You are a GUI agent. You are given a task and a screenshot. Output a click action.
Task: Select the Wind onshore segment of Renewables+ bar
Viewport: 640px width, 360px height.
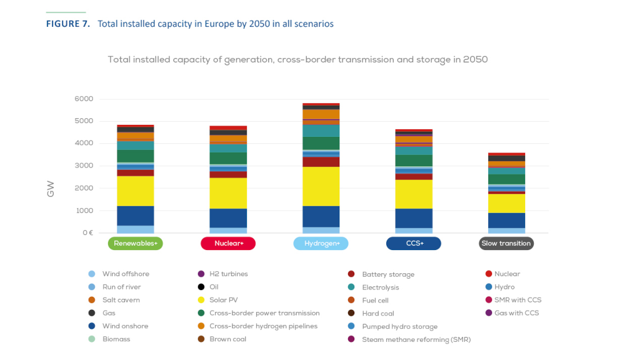[x=135, y=216]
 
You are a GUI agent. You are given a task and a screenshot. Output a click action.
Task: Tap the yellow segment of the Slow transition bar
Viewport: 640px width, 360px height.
[x=506, y=203]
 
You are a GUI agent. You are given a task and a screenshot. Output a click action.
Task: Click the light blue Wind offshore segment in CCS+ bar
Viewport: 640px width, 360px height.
[x=413, y=230]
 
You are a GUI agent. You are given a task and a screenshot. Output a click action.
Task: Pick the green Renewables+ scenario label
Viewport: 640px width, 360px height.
[x=135, y=243]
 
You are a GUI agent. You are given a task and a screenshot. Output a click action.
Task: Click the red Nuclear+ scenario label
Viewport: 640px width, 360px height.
[x=227, y=243]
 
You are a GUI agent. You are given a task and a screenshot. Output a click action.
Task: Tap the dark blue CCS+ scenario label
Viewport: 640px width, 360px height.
[x=413, y=243]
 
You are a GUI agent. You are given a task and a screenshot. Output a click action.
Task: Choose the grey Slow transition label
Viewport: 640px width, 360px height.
[x=506, y=243]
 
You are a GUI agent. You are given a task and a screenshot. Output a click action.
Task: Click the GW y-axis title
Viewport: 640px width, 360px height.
[x=51, y=189]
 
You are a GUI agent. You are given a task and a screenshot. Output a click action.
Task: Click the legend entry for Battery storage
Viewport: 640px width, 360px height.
[x=387, y=274]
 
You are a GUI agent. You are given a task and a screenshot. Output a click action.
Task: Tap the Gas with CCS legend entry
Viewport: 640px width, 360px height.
[x=516, y=313]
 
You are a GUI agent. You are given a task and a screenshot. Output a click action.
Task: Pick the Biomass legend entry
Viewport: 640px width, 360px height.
[x=116, y=339]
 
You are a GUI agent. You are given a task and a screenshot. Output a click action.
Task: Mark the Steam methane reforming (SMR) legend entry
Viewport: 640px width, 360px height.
[x=416, y=339]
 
